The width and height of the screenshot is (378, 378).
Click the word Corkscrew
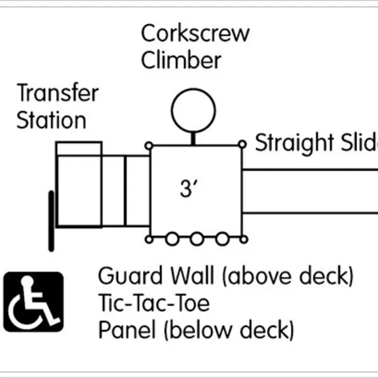[195, 33]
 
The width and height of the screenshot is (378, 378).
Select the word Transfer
[58, 93]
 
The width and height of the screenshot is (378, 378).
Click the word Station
[51, 120]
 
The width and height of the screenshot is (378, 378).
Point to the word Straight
[294, 144]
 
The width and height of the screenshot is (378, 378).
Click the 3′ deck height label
[189, 189]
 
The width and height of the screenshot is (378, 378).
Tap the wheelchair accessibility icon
[34, 302]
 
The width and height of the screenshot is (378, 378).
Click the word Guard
[130, 276]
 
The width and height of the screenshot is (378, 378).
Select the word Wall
[192, 276]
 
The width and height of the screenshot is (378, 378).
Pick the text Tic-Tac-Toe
[154, 303]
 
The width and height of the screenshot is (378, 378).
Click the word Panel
[127, 330]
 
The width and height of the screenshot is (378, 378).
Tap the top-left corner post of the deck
[149, 146]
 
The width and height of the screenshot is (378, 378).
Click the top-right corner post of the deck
[242, 144]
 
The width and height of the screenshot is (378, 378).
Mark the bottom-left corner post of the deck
[149, 240]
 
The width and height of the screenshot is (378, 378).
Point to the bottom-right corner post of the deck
[244, 240]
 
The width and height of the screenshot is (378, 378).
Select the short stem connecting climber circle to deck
[193, 138]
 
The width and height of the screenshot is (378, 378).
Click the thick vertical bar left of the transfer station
[51, 221]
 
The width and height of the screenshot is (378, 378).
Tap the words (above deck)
[288, 276]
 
